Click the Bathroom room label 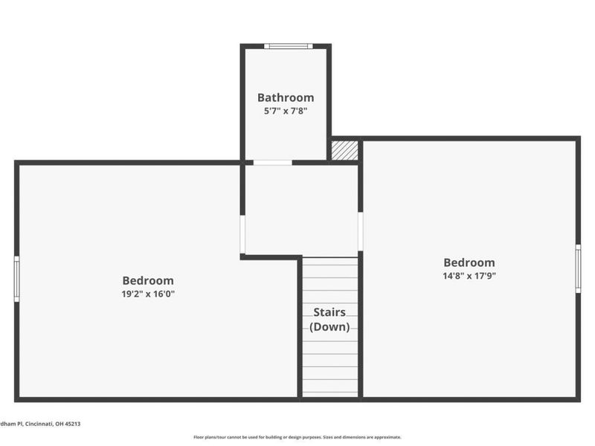[x=286, y=97]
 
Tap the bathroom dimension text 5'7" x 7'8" [x=286, y=111]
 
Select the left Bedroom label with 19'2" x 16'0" [x=148, y=280]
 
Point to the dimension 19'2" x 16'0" [x=148, y=294]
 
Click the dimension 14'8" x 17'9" [x=469, y=276]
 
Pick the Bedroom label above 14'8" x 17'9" [x=469, y=262]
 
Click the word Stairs [x=329, y=312]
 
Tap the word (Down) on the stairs [x=329, y=326]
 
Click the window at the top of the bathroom [x=289, y=46]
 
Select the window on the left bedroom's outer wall [x=17, y=279]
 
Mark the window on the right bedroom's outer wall [x=578, y=268]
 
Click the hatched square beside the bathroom [x=344, y=149]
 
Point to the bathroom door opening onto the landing [x=272, y=162]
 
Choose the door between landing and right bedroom [x=360, y=232]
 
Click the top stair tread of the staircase [x=330, y=262]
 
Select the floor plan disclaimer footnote [x=297, y=437]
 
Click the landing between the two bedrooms [x=301, y=208]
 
